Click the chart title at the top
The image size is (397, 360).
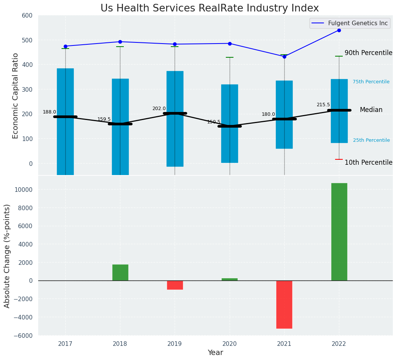pos(209,8)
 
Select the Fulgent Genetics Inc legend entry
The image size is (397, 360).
pos(358,23)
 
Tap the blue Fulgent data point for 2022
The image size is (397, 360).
pos(339,30)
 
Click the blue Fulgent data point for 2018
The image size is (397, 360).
pos(120,42)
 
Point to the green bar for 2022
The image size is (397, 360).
pos(339,232)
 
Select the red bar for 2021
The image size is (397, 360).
pos(284,304)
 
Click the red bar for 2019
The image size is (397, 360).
pos(175,285)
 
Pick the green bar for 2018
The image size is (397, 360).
pos(120,272)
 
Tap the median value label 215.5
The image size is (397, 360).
pos(323,105)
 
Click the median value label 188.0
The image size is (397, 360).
pos(49,112)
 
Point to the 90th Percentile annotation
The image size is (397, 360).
pos(368,53)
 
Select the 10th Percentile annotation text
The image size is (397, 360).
pos(368,162)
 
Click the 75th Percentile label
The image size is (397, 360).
pos(371,82)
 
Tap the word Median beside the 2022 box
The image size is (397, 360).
pos(371,110)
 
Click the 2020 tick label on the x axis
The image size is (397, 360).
pos(230,344)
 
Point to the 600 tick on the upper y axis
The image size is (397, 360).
pos(30,16)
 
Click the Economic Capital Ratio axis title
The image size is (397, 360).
pos(16,96)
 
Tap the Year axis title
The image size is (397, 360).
pos(216,353)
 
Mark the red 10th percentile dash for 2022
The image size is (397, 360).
pos(339,159)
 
